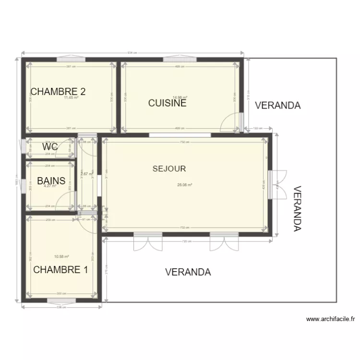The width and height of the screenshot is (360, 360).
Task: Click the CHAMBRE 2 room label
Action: click(58, 92)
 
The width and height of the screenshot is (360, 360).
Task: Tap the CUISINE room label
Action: click(167, 103)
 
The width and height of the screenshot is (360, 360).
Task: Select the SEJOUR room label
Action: click(169, 168)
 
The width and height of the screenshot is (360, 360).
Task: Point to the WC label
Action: click(50, 147)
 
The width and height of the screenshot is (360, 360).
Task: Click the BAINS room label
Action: click(51, 181)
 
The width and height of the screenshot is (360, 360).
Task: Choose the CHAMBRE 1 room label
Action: click(60, 270)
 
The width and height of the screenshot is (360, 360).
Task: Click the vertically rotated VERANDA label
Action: click(297, 209)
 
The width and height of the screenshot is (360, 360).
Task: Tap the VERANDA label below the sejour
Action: click(188, 272)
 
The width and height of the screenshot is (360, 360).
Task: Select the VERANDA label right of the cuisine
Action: click(277, 106)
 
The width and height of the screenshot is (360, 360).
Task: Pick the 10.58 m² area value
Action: click(61, 257)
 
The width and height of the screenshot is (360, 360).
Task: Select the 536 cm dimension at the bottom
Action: click(61, 307)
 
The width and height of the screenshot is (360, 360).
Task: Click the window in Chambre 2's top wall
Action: click(71, 60)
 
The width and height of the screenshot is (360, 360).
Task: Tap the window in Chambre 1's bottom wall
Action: click(61, 301)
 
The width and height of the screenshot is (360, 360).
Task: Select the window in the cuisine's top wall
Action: click(180, 60)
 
